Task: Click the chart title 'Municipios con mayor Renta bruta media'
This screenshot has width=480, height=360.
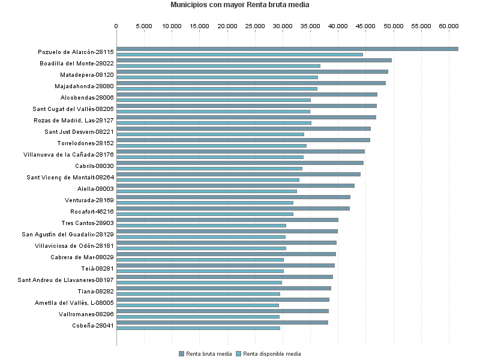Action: (x=240, y=5)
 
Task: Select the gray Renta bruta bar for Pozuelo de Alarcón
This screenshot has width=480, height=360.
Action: (x=287, y=49)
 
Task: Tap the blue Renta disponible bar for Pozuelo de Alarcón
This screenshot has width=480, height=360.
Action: (x=239, y=55)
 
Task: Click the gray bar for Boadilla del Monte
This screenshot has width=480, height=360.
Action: (x=254, y=60)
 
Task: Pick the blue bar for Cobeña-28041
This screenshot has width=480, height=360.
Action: (x=198, y=328)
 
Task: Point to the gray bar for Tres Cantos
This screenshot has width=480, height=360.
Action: (x=227, y=220)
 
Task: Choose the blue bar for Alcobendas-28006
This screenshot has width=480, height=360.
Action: (x=214, y=100)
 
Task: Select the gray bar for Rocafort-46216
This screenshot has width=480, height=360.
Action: (x=233, y=208)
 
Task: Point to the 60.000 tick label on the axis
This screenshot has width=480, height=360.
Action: (x=449, y=26)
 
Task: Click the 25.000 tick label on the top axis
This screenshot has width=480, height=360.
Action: (x=255, y=26)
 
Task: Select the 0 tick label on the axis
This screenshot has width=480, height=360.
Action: (x=116, y=26)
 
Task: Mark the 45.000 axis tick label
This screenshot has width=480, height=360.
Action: (x=366, y=26)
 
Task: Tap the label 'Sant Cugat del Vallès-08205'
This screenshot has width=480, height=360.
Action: (x=73, y=109)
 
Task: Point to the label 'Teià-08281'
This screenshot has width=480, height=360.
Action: (x=97, y=268)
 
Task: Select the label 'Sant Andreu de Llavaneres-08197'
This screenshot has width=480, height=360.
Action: (x=66, y=280)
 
